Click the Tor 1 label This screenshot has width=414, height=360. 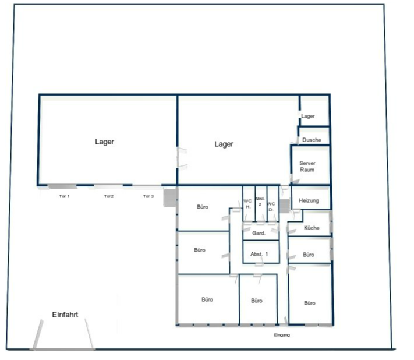pyautogui.click(x=64, y=196)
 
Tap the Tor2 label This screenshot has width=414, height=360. pyautogui.click(x=108, y=196)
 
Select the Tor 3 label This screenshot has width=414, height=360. pyautogui.click(x=148, y=196)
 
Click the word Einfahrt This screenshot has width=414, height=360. pyautogui.click(x=65, y=315)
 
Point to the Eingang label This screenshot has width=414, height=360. pyautogui.click(x=282, y=335)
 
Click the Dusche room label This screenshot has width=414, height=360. pyautogui.click(x=312, y=140)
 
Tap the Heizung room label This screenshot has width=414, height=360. pyautogui.click(x=309, y=200)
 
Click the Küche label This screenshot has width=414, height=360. pyautogui.click(x=312, y=228)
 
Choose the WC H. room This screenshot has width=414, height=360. pyautogui.click(x=249, y=204)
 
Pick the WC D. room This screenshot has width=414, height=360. pyautogui.click(x=273, y=204)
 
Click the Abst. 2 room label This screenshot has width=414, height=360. pyautogui.click(x=260, y=201)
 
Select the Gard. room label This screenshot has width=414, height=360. pyautogui.click(x=259, y=233)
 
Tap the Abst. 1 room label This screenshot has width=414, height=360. pyautogui.click(x=259, y=254)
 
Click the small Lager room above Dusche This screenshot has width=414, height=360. pyautogui.click(x=314, y=111)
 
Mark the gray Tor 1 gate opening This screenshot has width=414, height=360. pyautogui.click(x=62, y=186)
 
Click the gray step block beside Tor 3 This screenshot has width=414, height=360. pyautogui.click(x=170, y=197)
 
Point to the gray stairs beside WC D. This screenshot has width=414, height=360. pyautogui.click(x=285, y=206)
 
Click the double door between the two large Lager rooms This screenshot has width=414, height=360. pyautogui.click(x=182, y=158)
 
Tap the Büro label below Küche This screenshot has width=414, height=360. pyautogui.click(x=309, y=255)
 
